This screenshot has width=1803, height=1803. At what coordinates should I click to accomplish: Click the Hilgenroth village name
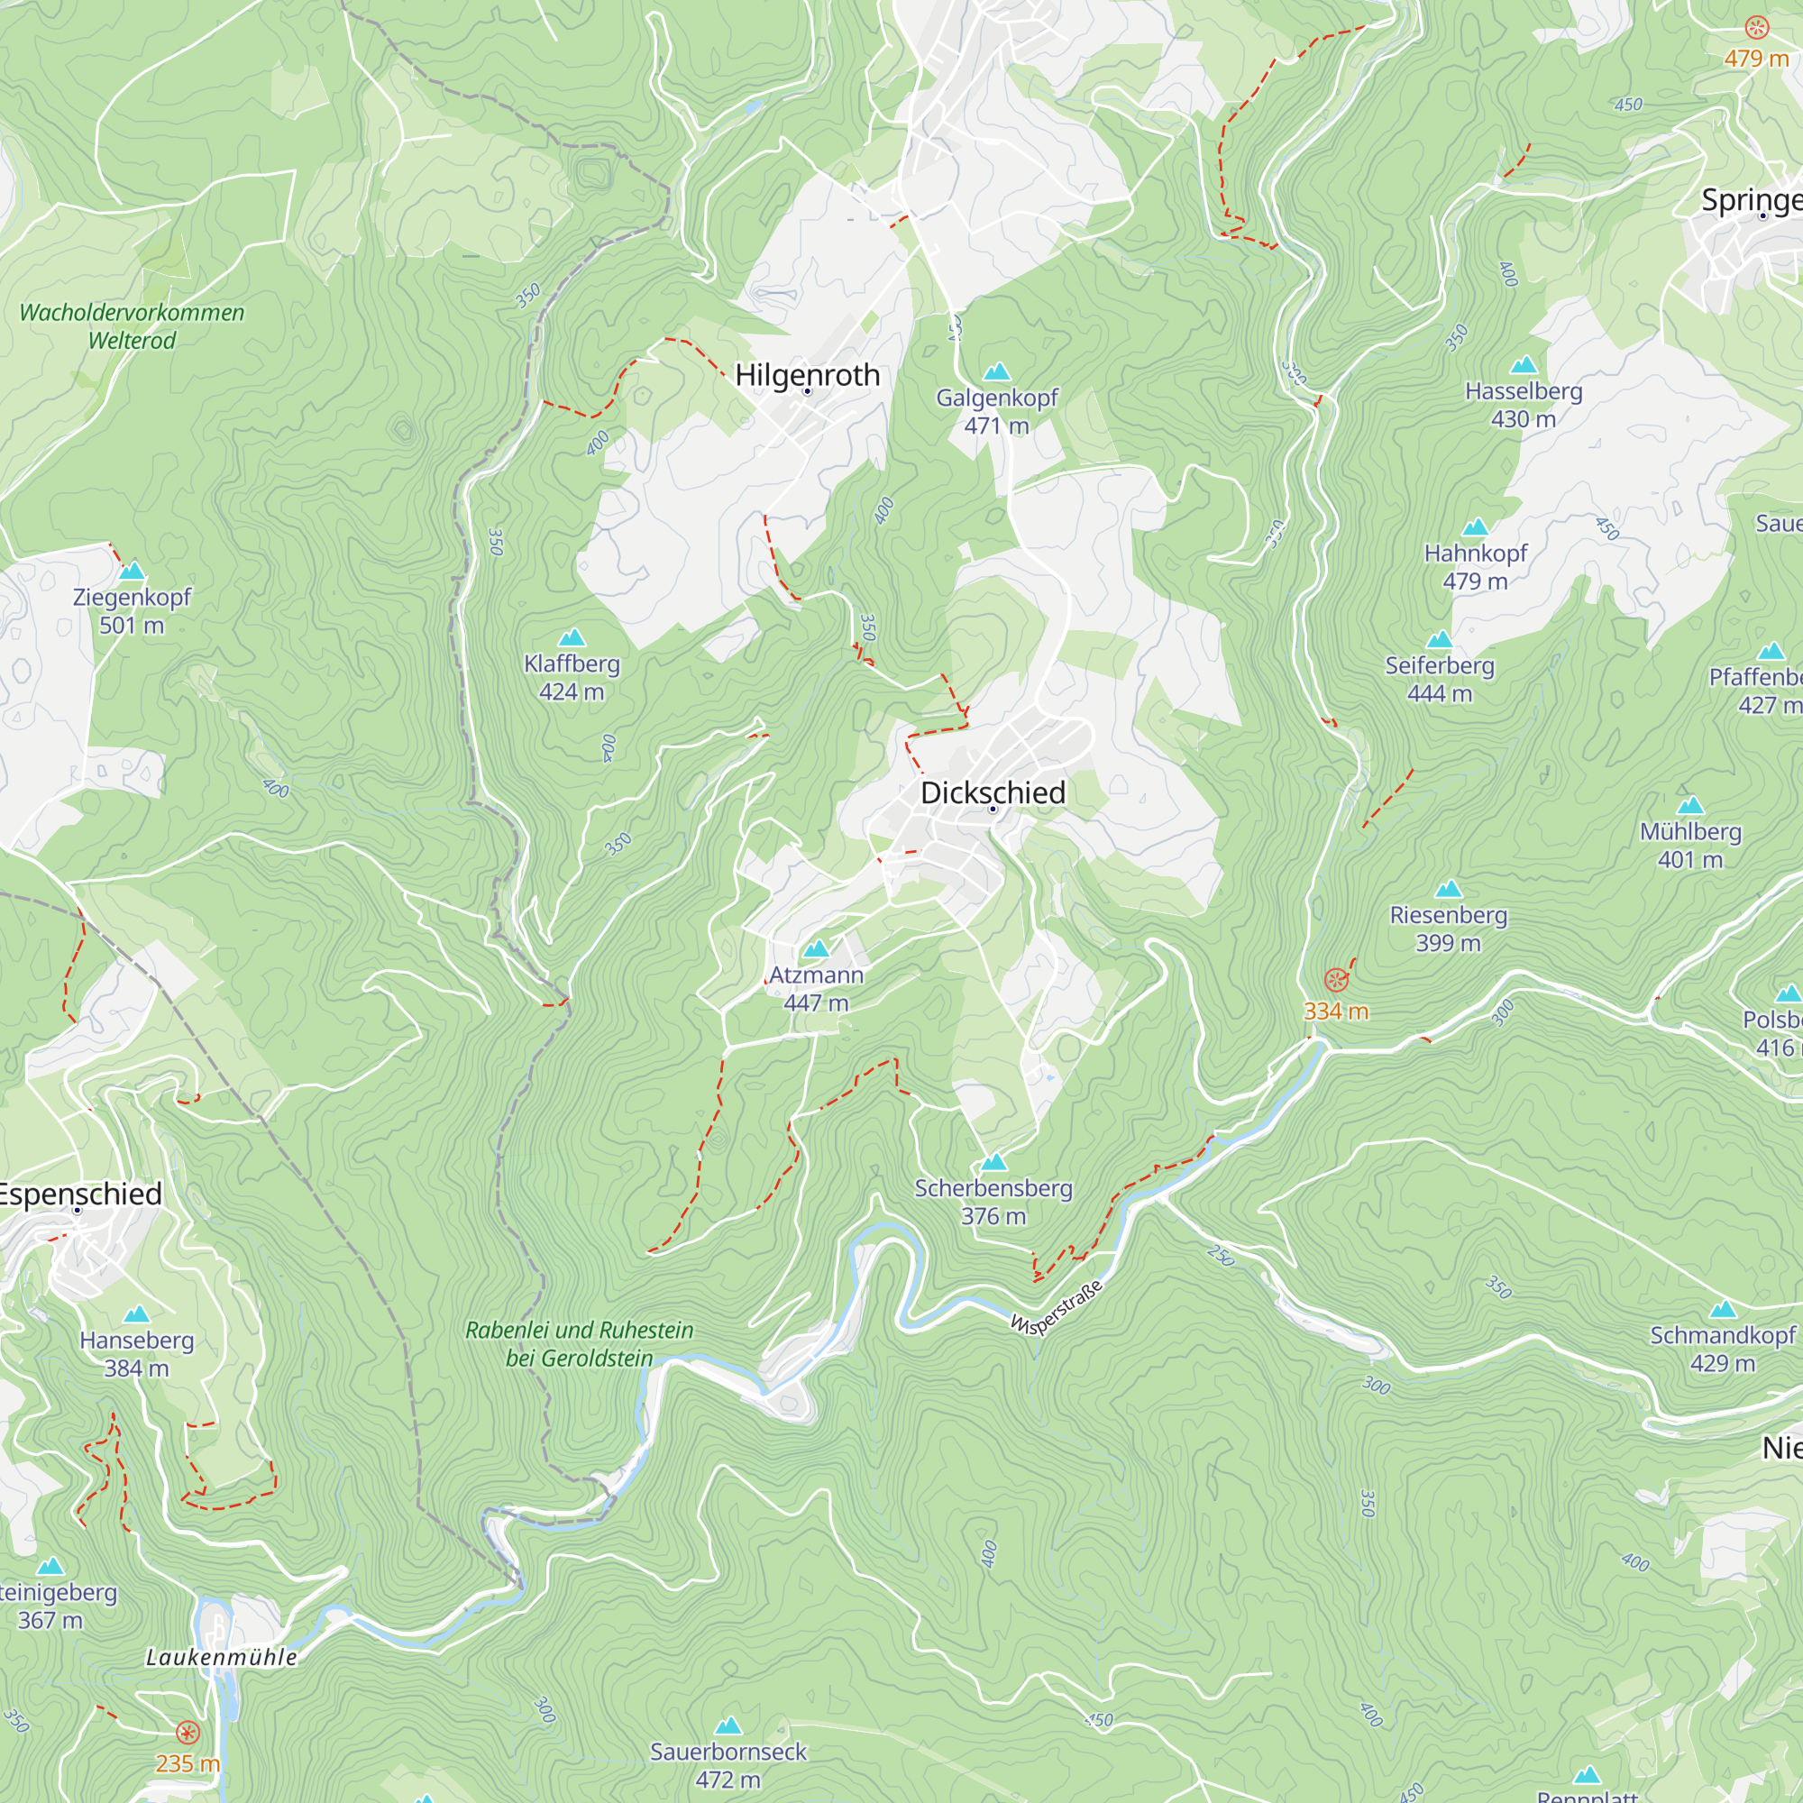[807, 375]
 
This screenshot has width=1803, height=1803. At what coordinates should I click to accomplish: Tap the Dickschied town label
[992, 792]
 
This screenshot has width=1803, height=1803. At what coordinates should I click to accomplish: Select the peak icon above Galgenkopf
[997, 371]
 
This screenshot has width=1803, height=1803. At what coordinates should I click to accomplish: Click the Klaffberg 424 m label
[572, 677]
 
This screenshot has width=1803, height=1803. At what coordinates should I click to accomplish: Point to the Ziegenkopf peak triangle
[132, 571]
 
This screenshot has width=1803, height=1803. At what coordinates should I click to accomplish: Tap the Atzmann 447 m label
[816, 987]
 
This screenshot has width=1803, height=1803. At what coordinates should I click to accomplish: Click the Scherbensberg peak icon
[993, 1162]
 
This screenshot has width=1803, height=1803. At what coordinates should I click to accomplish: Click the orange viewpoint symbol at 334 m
[1336, 980]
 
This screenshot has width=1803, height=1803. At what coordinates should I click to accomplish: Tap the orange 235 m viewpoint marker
[188, 1733]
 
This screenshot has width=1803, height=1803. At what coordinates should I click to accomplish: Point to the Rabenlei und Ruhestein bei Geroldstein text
[579, 1343]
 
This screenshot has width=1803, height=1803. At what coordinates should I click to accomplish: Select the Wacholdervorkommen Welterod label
[132, 325]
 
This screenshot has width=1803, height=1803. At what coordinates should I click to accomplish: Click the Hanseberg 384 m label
[136, 1353]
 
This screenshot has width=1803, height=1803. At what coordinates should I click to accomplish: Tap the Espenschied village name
[80, 1194]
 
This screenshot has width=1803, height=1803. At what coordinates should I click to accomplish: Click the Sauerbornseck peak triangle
[728, 1725]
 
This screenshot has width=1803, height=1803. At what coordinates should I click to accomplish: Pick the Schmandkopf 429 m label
[1722, 1349]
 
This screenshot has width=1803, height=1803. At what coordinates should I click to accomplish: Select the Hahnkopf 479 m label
[1475, 566]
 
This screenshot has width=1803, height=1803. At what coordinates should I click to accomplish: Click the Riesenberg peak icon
[1449, 889]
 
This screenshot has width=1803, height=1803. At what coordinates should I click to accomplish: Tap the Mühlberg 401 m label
[1690, 845]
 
